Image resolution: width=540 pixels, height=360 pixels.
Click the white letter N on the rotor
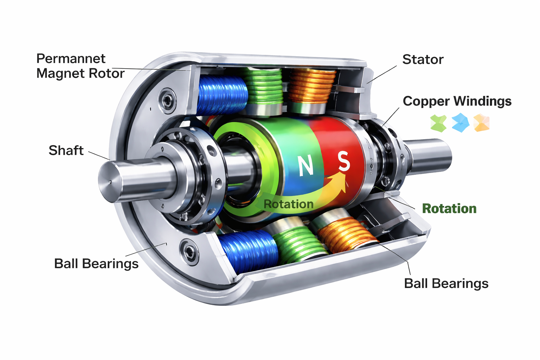(x=306, y=165)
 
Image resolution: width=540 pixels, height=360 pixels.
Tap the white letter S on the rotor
(x=343, y=161)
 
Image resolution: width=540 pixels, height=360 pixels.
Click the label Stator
(x=423, y=59)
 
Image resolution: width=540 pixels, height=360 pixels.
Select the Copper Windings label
(x=457, y=101)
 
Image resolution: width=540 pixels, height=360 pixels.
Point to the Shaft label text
(x=66, y=150)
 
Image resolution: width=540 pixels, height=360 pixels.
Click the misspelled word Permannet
(x=71, y=58)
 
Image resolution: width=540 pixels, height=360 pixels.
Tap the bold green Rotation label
(x=449, y=208)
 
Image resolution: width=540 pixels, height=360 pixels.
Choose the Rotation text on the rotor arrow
(x=288, y=204)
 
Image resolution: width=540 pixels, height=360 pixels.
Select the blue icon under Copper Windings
(x=460, y=123)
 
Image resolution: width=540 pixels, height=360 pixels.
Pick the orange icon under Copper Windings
(x=481, y=123)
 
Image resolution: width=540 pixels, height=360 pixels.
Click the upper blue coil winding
(x=222, y=95)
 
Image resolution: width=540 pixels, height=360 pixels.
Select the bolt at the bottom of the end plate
(x=189, y=250)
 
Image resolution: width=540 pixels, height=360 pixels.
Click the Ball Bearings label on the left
(x=96, y=263)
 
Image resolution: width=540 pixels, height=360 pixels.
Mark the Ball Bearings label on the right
(x=446, y=283)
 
